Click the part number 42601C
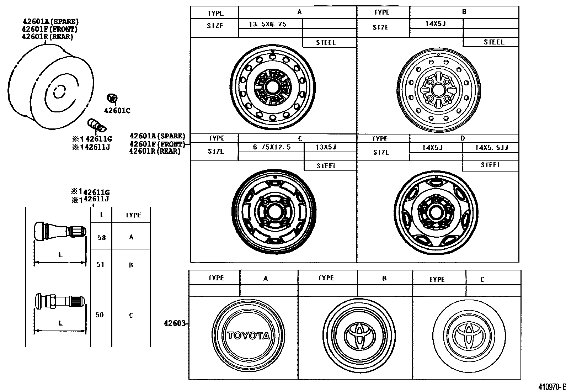[117, 111]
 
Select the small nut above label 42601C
[113, 97]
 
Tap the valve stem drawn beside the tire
[96, 125]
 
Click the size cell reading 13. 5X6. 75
[267, 24]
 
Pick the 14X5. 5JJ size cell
[491, 148]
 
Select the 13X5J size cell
[326, 147]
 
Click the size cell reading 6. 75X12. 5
[272, 147]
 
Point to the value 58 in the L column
[102, 237]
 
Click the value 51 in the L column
[101, 264]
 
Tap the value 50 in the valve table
[100, 315]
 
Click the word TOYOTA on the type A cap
[249, 335]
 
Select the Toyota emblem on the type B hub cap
[359, 335]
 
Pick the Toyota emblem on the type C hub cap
[469, 336]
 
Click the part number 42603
[175, 323]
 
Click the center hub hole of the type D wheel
[435, 212]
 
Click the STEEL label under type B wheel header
[494, 42]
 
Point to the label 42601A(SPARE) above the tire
[50, 22]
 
